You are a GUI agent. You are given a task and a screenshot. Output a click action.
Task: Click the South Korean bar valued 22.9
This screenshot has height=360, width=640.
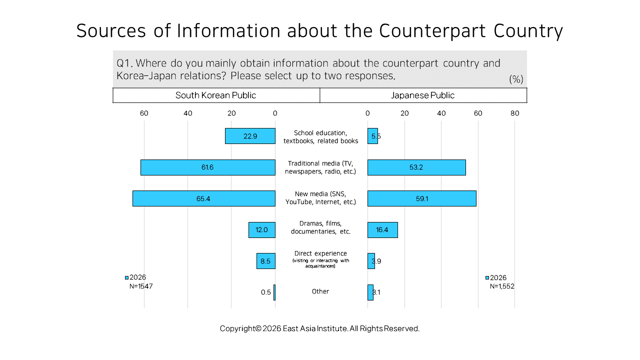click(250, 136)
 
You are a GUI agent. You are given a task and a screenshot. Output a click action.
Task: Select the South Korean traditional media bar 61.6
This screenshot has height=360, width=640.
click(208, 167)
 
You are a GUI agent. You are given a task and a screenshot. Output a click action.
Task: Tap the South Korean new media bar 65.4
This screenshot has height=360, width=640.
click(204, 198)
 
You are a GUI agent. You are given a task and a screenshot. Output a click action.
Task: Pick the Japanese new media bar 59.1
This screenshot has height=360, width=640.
click(421, 198)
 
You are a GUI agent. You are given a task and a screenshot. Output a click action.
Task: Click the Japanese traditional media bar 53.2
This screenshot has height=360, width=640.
click(416, 167)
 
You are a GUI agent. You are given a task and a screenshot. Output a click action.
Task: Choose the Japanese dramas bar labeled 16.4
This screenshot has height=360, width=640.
click(382, 230)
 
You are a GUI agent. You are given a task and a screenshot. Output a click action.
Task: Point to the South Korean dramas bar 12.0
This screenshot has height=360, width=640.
click(262, 230)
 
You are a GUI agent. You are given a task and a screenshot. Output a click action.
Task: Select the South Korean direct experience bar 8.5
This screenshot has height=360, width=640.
click(266, 261)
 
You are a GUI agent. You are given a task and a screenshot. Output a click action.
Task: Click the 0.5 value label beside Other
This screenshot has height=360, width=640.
click(265, 292)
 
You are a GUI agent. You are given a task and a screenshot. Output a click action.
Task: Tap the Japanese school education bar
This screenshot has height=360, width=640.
click(372, 136)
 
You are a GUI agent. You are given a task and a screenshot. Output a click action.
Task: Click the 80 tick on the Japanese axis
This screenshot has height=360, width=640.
click(514, 113)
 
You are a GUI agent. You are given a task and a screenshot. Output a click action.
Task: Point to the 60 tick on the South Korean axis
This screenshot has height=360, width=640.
click(144, 113)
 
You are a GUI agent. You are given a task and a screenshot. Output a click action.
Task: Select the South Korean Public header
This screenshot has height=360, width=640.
click(215, 95)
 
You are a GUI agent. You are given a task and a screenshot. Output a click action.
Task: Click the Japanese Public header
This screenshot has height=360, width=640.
click(422, 95)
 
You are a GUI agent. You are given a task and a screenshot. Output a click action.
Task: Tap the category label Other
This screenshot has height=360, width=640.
click(320, 291)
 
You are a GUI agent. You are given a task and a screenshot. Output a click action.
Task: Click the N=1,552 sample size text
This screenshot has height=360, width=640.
click(502, 286)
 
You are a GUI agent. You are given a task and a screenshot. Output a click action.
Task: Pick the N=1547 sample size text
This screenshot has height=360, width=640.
click(141, 286)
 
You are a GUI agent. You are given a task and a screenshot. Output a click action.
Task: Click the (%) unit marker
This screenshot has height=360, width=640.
click(516, 79)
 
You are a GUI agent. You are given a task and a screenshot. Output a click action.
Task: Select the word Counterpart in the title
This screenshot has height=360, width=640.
click(432, 30)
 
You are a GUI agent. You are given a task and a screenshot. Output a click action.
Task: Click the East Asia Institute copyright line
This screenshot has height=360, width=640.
click(319, 328)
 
